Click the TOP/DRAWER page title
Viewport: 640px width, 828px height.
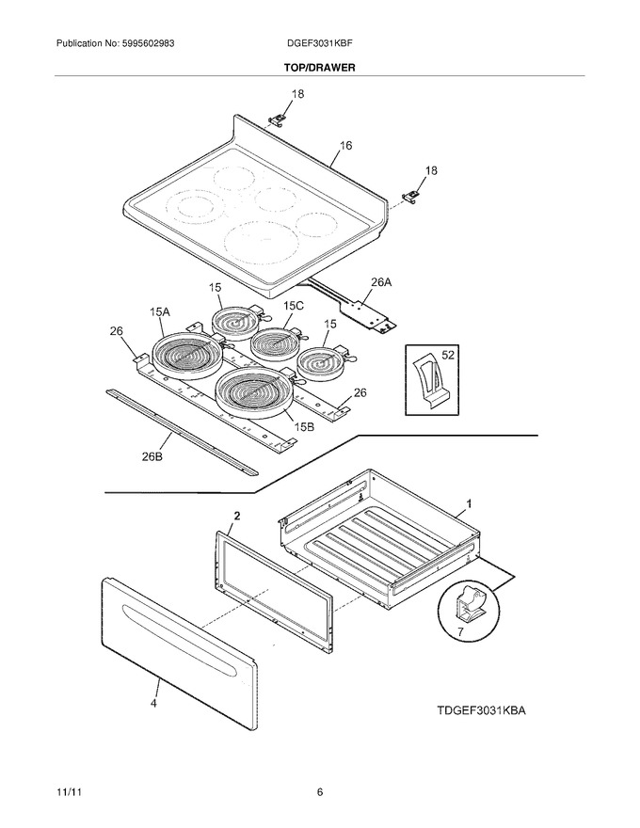click(x=319, y=68)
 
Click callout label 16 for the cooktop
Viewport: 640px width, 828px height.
click(x=345, y=145)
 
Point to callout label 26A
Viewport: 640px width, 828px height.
click(x=381, y=282)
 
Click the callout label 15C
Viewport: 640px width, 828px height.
click(x=294, y=306)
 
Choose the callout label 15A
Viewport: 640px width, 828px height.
click(x=159, y=312)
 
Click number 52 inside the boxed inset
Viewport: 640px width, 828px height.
click(x=447, y=355)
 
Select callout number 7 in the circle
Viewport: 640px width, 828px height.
click(x=460, y=631)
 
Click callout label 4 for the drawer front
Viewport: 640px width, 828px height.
click(x=153, y=704)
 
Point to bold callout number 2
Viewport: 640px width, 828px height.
click(x=237, y=516)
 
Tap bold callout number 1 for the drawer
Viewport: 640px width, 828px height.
click(x=469, y=504)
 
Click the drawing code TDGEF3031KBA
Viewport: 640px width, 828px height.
click(x=481, y=710)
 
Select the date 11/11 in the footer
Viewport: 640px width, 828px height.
click(x=66, y=792)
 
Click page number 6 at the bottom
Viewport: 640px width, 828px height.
click(x=319, y=792)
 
